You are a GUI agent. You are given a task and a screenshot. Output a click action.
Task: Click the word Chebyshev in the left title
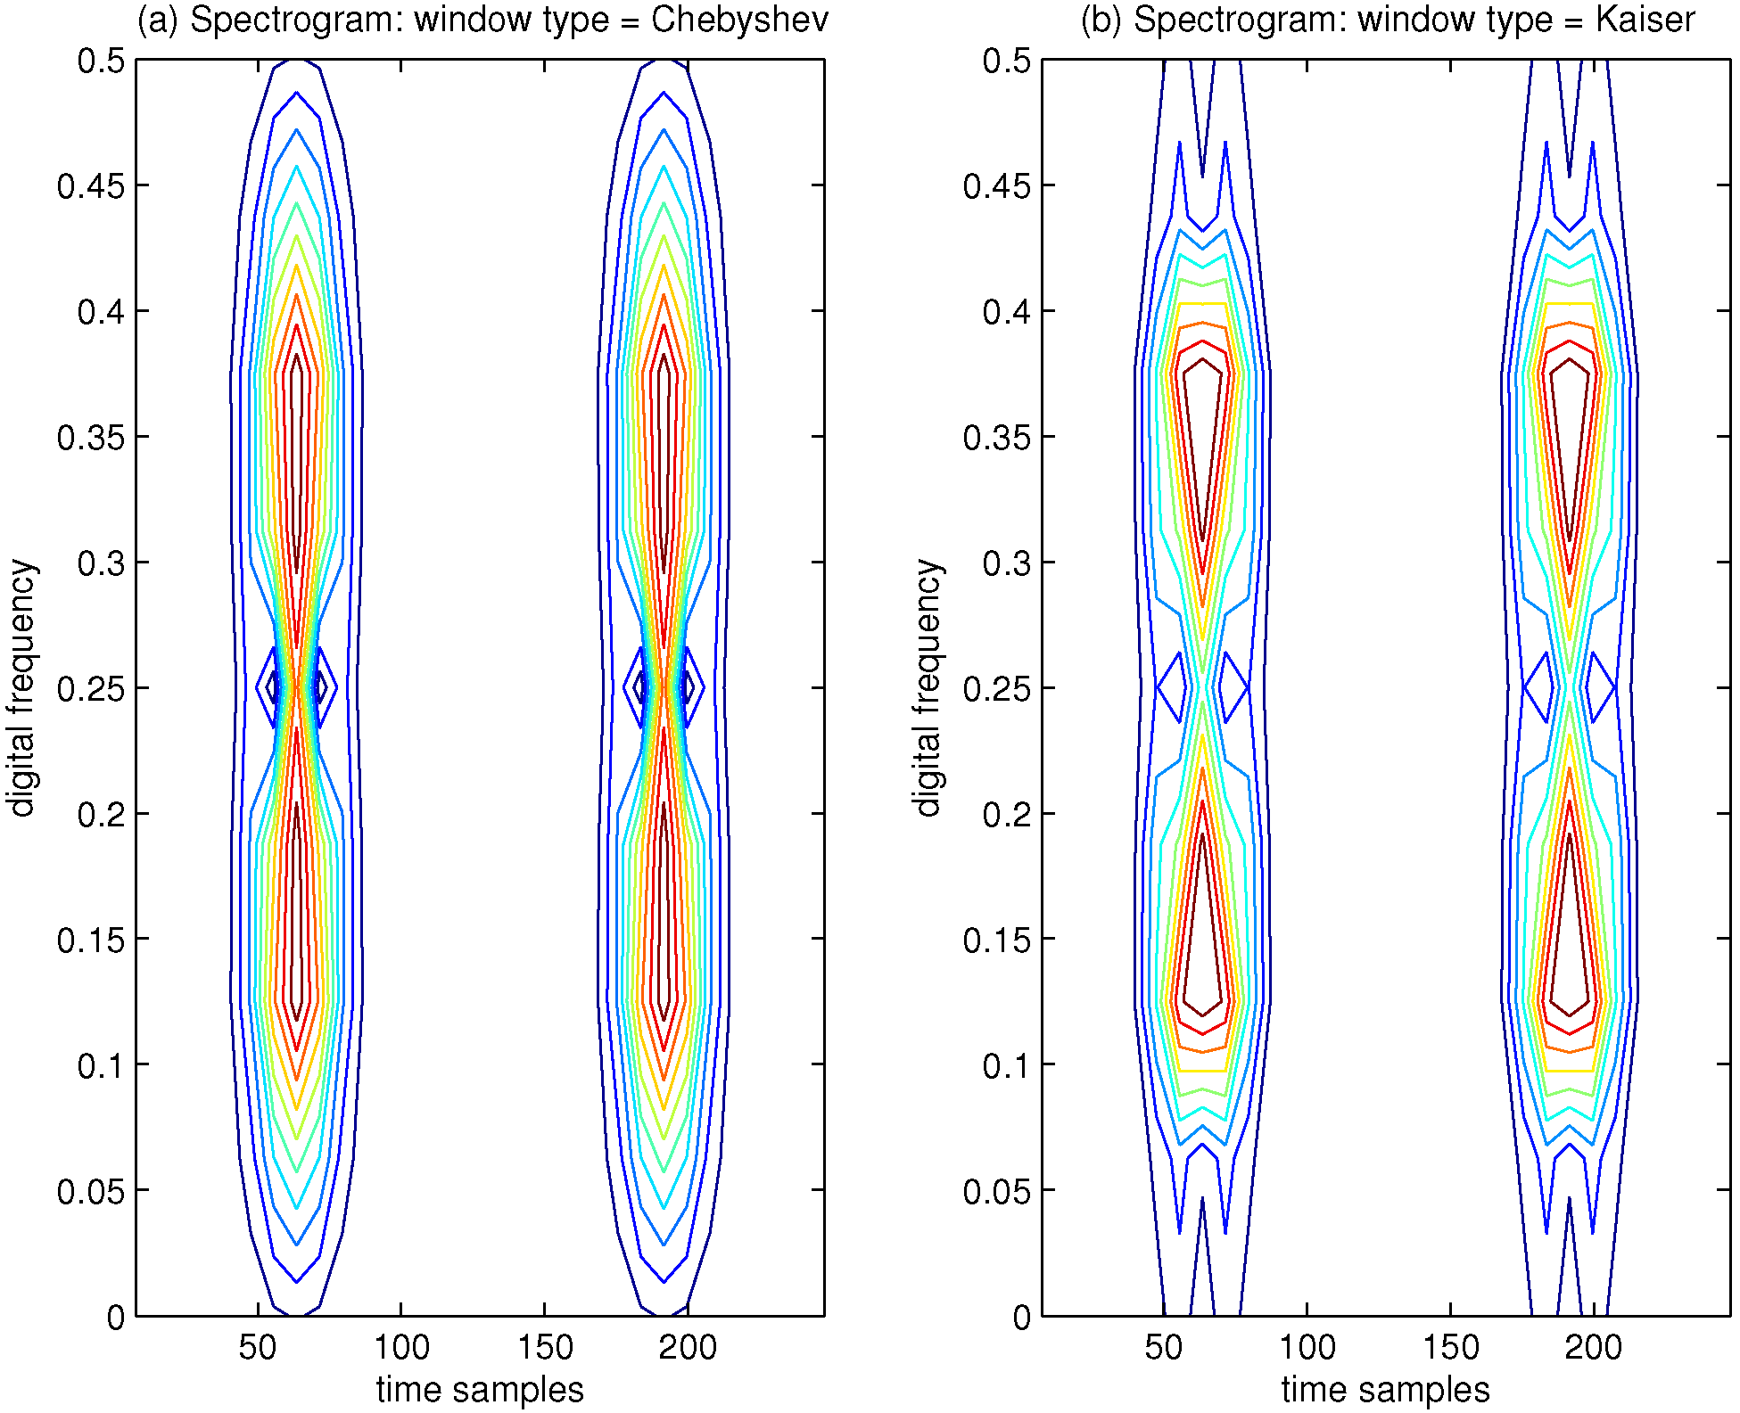click(739, 20)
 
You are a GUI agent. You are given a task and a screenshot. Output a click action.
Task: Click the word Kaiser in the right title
click(1645, 20)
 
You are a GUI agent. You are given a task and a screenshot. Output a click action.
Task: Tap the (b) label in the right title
click(1101, 20)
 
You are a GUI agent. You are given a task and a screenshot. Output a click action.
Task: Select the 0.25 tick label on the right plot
click(996, 689)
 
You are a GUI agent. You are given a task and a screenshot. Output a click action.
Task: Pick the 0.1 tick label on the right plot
click(1007, 1065)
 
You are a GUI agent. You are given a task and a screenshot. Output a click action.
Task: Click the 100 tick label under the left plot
click(401, 1347)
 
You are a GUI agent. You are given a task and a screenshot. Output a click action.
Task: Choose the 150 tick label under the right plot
click(1451, 1347)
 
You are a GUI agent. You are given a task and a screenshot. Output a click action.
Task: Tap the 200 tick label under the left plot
click(688, 1347)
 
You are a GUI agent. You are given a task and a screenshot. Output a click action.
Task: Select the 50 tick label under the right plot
click(1164, 1347)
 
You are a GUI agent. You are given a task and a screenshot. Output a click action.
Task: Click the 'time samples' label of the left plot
click(480, 1390)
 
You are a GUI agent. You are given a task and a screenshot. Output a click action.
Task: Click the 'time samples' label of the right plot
click(1386, 1390)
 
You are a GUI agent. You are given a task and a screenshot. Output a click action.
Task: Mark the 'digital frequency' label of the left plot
click(21, 687)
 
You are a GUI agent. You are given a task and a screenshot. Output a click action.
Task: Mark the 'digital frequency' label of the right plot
click(928, 687)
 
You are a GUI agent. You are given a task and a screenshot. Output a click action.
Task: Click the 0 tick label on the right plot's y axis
click(1022, 1318)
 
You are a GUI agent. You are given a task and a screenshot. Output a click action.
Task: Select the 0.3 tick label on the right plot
click(1007, 563)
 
